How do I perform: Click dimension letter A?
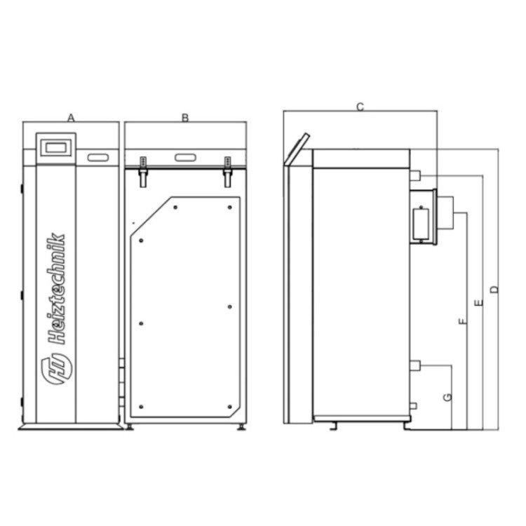tap(71, 118)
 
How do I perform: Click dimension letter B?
tap(185, 118)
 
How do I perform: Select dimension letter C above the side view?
tap(360, 107)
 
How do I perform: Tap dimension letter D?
tap(494, 289)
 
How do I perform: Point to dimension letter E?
tap(479, 302)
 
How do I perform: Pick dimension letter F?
tap(463, 321)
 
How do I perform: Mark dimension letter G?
tap(447, 397)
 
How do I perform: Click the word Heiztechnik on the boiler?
tap(56, 288)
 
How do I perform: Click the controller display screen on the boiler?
tap(55, 147)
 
